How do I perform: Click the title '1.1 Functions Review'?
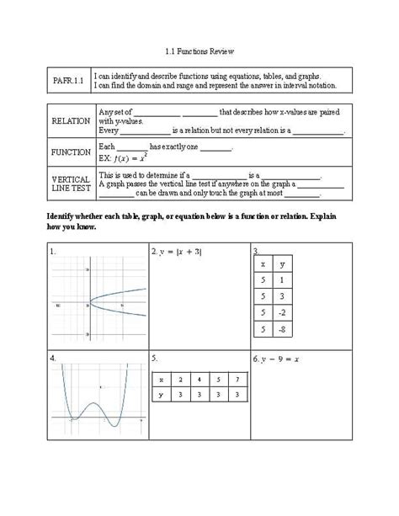[199, 51]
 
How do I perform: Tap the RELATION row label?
[71, 120]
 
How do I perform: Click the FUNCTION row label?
[71, 152]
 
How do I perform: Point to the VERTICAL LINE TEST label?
[71, 184]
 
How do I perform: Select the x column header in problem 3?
[263, 263]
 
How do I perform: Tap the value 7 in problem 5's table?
[238, 380]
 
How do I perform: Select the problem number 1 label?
[53, 251]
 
